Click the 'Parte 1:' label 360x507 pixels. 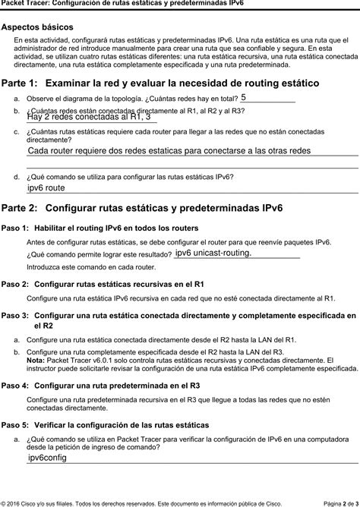(19, 82)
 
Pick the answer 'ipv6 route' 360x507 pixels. (46, 187)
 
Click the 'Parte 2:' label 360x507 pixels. (19, 207)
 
